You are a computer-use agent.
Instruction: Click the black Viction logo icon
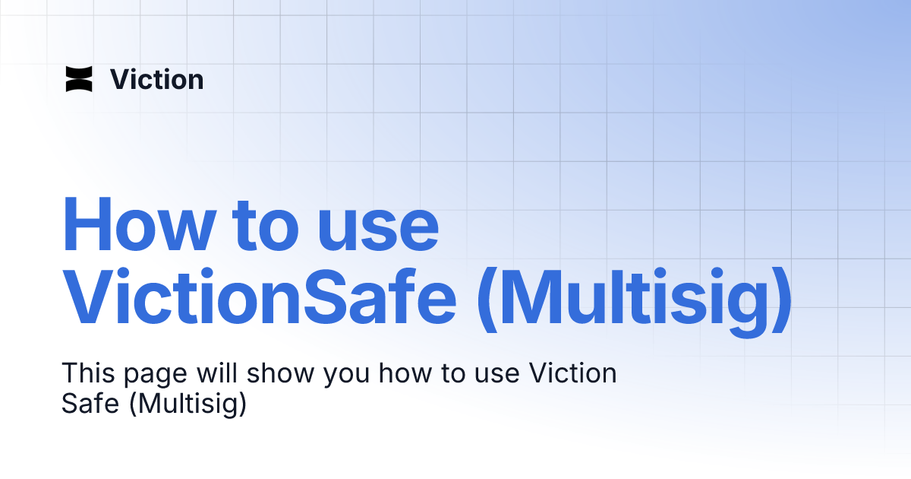coord(79,79)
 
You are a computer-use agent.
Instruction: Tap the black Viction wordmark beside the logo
coord(157,80)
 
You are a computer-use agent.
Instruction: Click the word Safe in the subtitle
coord(90,404)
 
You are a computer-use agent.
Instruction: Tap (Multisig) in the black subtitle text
coord(189,404)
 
